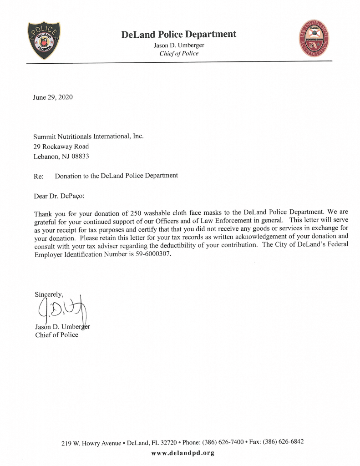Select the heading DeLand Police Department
point(179,34)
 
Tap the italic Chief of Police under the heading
point(179,53)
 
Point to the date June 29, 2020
point(53,97)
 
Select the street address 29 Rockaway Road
point(61,147)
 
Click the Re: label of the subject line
point(39,176)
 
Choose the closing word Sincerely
point(49,294)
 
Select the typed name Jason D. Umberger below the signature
point(63,327)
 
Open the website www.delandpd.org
point(182,453)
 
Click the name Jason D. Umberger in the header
point(179,45)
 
